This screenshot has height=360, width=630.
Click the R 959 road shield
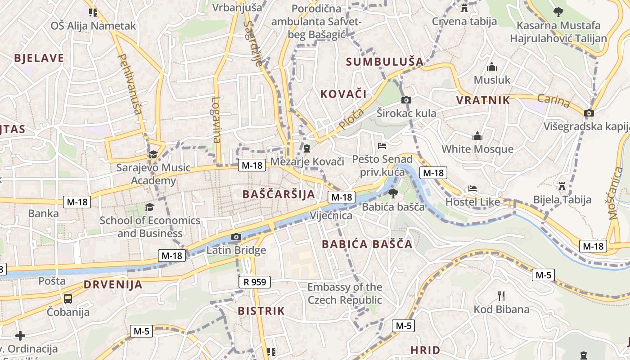point(255,282)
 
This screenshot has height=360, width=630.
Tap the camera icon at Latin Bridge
point(236,237)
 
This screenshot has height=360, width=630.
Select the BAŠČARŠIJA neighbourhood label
point(279,194)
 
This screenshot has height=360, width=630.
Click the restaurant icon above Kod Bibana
point(501,296)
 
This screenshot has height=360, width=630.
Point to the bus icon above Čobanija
point(68,298)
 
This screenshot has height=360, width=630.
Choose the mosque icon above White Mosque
point(477,135)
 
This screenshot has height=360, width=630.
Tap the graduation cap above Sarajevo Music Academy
point(153,154)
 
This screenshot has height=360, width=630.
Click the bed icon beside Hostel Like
point(472,189)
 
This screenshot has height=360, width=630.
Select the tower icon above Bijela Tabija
point(562,185)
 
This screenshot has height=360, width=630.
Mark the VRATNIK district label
point(483,100)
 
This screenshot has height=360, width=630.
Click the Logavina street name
point(216,120)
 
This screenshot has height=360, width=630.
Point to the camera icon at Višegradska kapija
point(589,113)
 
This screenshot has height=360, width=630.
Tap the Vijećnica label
point(331,216)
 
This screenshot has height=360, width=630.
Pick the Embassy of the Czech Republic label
point(345,293)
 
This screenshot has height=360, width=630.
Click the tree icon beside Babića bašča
point(393,193)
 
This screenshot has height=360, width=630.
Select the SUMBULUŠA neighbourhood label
point(384,62)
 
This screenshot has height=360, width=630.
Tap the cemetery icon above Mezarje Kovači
point(307,148)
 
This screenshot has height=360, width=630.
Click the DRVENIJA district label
point(113,284)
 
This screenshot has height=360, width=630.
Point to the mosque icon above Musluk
point(492,67)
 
